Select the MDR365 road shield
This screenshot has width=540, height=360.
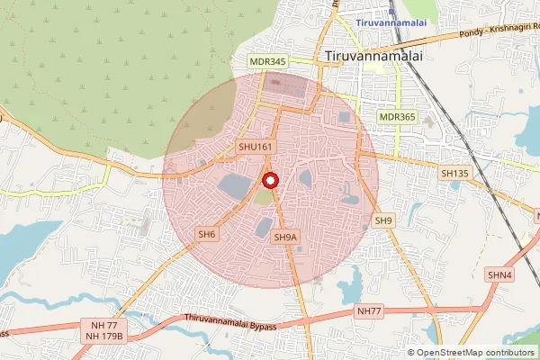[397, 117]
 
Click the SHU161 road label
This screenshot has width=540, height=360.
[256, 147]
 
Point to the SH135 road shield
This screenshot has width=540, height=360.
[455, 172]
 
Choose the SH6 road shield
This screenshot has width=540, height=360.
[208, 234]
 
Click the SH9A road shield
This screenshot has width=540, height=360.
[283, 238]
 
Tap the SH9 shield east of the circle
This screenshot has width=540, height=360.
[384, 220]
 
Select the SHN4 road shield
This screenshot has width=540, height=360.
[499, 274]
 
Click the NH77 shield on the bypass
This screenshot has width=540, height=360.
[370, 311]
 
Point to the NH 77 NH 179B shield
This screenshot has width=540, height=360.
[106, 329]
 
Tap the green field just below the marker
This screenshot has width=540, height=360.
[263, 196]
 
